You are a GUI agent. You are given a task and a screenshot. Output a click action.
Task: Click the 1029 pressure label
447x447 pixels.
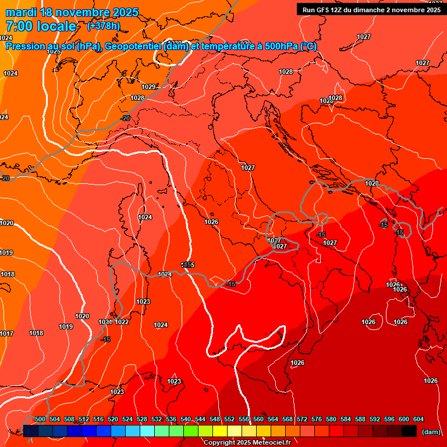tap(149, 87)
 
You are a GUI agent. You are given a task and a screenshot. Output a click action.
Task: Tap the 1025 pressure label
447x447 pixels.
tap(54, 51)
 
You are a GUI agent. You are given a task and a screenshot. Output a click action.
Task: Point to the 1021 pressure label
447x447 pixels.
tap(105, 322)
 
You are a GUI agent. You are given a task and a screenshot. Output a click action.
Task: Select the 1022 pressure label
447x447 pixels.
tap(122, 322)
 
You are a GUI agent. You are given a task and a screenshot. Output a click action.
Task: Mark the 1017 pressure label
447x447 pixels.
tap(6, 334)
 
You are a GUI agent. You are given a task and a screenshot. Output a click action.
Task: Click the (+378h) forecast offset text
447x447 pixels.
tap(104, 26)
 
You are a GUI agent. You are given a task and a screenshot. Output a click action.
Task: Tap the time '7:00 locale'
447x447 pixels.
tap(41, 26)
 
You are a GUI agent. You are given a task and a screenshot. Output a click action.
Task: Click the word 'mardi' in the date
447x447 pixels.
tap(20, 12)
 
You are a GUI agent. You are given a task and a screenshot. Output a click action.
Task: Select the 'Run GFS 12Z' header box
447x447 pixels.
tap(371, 9)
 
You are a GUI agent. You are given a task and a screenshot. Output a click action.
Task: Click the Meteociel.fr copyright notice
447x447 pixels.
tap(247, 443)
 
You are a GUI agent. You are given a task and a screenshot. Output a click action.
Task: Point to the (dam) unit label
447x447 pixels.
tap(430, 432)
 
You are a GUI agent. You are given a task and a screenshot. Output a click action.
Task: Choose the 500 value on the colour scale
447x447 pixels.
tap(40, 419)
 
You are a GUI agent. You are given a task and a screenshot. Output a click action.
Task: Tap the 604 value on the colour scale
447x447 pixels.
tap(418, 419)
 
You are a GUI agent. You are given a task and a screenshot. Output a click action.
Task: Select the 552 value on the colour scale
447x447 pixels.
tap(229, 419)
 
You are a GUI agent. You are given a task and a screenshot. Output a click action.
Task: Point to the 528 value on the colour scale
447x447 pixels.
tap(142, 419)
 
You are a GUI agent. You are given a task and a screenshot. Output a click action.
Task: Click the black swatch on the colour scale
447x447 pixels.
tap(409, 431)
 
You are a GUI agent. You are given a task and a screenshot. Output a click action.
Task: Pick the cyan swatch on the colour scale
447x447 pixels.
tap(147, 431)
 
